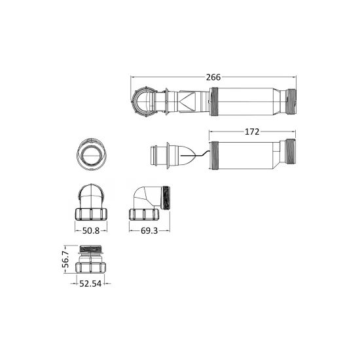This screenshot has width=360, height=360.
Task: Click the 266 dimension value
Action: click(213, 77)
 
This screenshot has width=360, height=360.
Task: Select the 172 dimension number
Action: click(252, 132)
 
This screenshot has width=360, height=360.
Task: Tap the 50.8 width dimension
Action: click(91, 231)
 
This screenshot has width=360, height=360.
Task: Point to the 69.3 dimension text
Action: click(149, 231)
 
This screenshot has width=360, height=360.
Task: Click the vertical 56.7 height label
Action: click(65, 259)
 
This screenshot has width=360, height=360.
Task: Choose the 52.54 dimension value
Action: click(90, 284)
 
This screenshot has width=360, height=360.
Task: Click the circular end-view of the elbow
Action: click(92, 154)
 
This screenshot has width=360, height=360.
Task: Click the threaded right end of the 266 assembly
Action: click(291, 101)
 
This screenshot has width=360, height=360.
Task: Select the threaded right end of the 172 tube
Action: click(290, 152)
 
